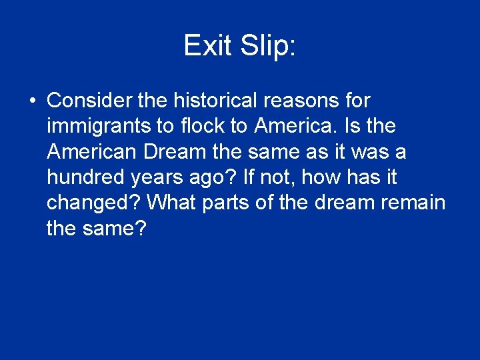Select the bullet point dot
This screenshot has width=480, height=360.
33,101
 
